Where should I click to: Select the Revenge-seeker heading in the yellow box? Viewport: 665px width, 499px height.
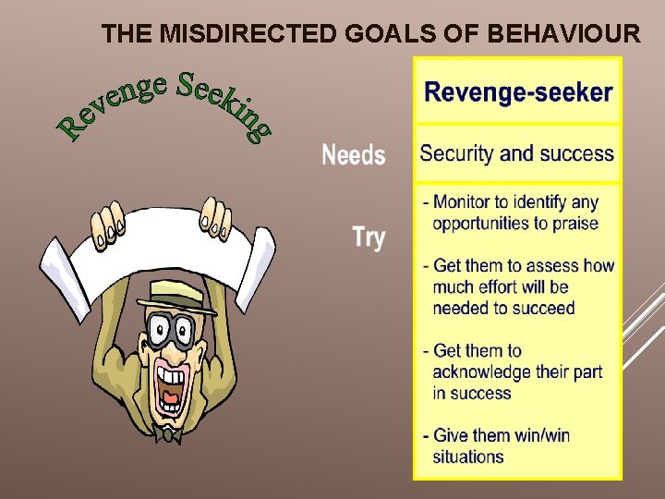517,92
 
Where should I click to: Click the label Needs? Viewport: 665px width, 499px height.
353,155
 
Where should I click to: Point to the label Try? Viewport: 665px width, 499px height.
369,237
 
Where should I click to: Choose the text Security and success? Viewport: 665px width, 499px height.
516,153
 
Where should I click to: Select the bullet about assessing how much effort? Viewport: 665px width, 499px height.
517,286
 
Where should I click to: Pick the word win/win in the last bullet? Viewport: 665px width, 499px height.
536,435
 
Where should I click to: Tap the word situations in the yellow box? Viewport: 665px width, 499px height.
468,456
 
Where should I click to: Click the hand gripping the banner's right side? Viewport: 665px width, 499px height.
216,216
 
